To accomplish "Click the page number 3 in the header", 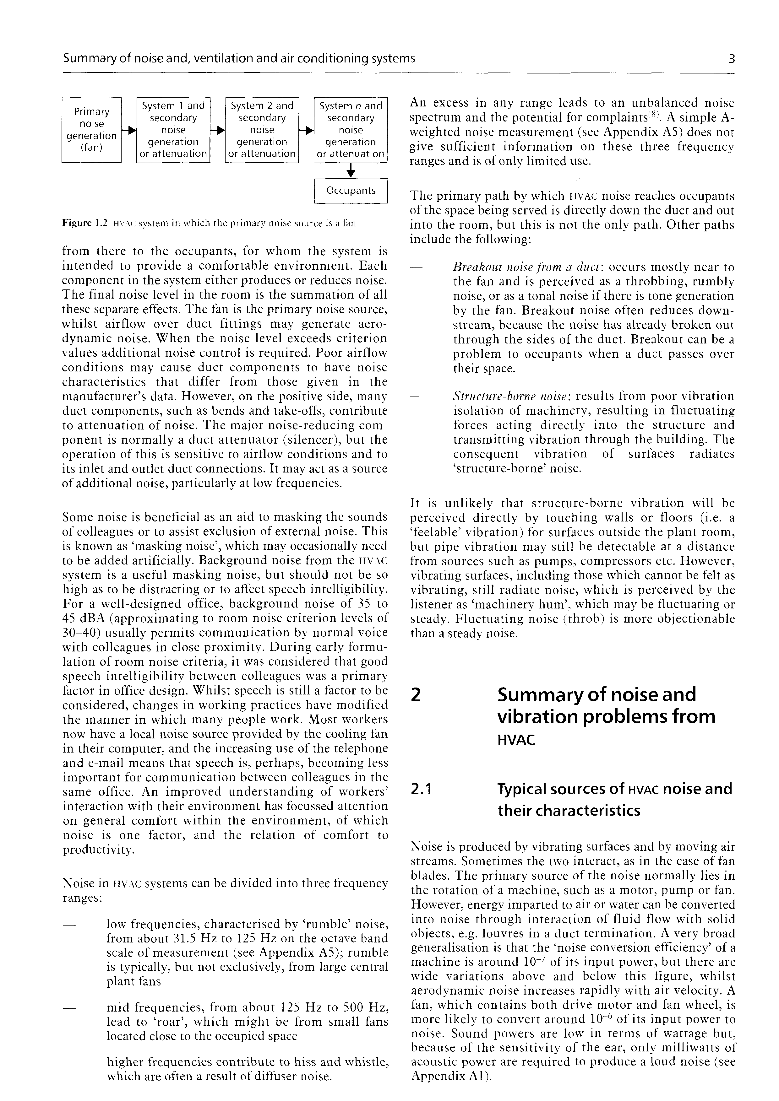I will pos(731,59).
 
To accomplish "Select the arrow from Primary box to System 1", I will pos(128,130).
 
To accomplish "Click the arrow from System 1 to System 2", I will pos(218,130).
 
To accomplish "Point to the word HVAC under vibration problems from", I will pos(516,740).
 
